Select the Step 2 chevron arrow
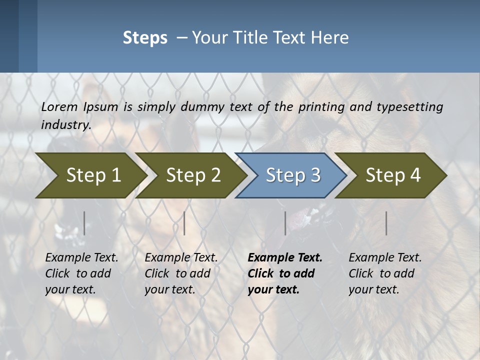pyautogui.click(x=193, y=175)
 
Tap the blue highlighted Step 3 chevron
pyautogui.click(x=292, y=175)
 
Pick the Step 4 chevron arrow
pyautogui.click(x=393, y=175)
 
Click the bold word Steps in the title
pyautogui.click(x=145, y=38)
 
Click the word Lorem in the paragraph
pyautogui.click(x=59, y=107)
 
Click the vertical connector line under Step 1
pyautogui.click(x=84, y=223)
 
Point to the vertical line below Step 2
pyautogui.click(x=184, y=223)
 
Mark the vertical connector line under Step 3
pyautogui.click(x=285, y=223)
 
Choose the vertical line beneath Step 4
pyautogui.click(x=386, y=223)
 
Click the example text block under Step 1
pyautogui.click(x=81, y=273)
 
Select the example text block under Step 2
pyautogui.click(x=181, y=273)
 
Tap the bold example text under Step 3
pyautogui.click(x=285, y=273)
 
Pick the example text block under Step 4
pyautogui.click(x=385, y=273)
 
